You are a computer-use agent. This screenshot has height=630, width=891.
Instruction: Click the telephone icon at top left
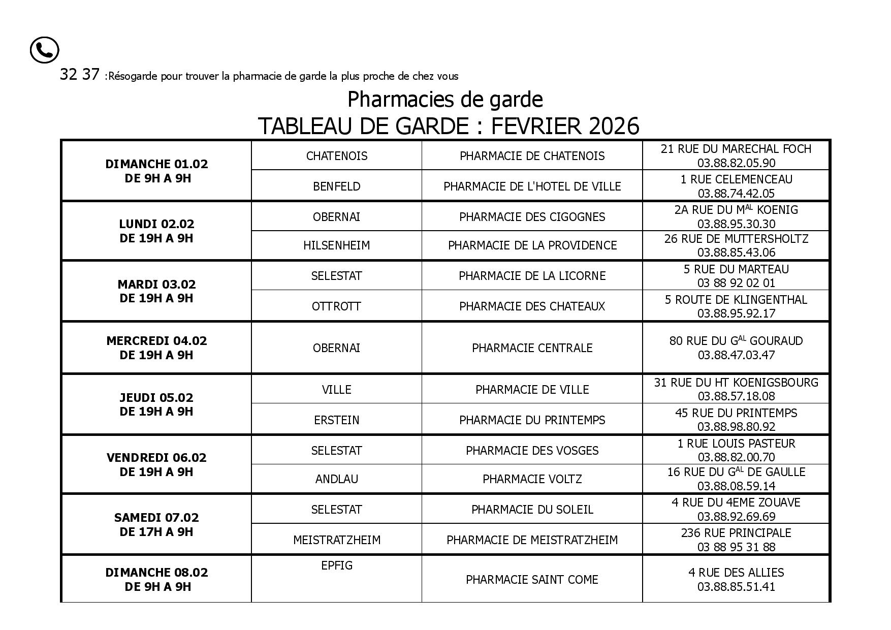click(x=45, y=50)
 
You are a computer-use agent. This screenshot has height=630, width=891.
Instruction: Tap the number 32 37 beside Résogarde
click(x=79, y=75)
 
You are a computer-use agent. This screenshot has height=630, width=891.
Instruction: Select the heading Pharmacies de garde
click(x=445, y=99)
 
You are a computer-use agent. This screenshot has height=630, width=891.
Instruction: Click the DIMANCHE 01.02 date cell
click(x=156, y=171)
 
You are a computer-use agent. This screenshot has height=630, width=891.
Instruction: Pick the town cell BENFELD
click(x=336, y=186)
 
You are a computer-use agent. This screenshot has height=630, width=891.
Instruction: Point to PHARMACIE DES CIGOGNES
click(x=532, y=217)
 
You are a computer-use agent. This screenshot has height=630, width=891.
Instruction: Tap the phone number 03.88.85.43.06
click(x=736, y=253)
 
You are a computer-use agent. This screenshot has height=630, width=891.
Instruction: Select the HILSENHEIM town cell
click(x=336, y=245)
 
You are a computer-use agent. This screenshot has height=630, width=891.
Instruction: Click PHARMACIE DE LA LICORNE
click(x=532, y=276)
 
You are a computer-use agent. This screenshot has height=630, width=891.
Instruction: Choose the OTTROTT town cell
click(x=336, y=306)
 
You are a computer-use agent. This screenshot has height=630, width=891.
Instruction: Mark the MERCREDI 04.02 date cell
click(x=156, y=348)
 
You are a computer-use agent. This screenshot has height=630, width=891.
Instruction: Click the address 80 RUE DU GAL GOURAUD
click(x=736, y=340)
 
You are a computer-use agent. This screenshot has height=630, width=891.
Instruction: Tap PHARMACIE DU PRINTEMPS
click(x=532, y=420)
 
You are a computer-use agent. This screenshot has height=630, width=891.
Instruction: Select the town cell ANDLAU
click(x=336, y=479)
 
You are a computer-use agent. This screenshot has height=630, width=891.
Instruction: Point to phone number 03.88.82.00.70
click(x=736, y=457)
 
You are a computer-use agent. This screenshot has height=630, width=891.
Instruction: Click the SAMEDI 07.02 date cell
click(x=156, y=524)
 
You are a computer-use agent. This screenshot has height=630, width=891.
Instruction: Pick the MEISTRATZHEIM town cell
click(x=336, y=540)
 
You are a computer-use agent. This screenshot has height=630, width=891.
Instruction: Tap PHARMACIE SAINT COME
click(x=532, y=580)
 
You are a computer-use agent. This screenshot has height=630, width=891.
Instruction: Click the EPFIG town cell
click(x=336, y=565)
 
